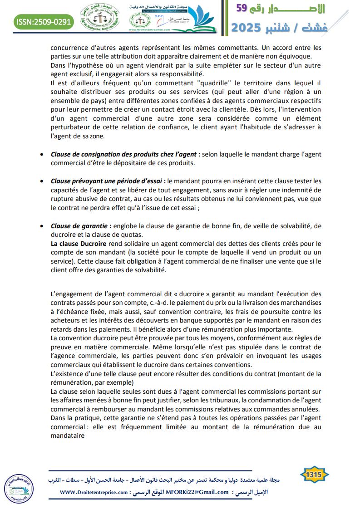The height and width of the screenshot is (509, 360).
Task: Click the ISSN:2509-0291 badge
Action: tap(44, 21)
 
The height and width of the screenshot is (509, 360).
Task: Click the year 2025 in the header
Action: tap(247, 28)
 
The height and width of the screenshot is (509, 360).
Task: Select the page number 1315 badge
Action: tap(314, 475)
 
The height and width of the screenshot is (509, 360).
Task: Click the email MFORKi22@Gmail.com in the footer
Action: tap(197, 492)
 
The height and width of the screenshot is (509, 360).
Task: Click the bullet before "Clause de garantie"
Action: tap(42, 226)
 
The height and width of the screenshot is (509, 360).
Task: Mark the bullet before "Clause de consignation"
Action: tap(42, 154)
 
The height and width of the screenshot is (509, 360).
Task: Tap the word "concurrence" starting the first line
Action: tap(69, 47)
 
